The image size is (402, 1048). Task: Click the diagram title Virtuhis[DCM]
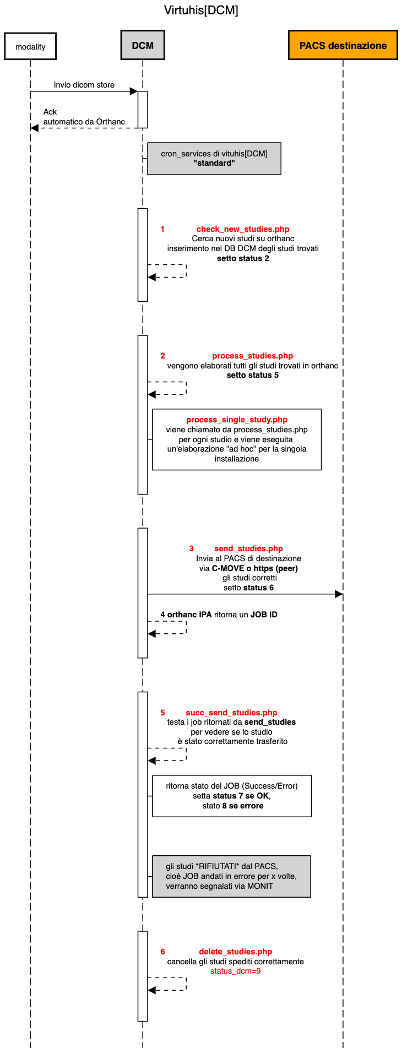[201, 10]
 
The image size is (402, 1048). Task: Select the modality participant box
[30, 47]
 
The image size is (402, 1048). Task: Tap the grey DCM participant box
[143, 46]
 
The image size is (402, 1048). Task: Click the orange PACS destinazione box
[343, 46]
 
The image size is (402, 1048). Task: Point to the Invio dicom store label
[84, 85]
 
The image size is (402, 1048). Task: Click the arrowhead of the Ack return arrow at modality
[34, 128]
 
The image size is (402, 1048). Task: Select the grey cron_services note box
[214, 159]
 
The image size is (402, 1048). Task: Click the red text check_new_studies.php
[243, 229]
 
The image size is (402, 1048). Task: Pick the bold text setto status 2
[243, 258]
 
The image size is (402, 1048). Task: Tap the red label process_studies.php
[252, 356]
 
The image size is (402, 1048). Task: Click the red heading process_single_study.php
[237, 420]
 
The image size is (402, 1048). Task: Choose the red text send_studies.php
[248, 549]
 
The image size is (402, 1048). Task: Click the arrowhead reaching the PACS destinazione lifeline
[339, 594]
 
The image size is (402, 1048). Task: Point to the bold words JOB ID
[264, 615]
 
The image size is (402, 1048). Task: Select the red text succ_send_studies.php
[231, 713]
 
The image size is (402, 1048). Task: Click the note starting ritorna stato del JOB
[232, 796]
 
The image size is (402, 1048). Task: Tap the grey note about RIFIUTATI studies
[231, 876]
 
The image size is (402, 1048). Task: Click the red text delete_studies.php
[235, 952]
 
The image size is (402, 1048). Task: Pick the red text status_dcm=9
[235, 971]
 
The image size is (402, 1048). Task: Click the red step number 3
[191, 549]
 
